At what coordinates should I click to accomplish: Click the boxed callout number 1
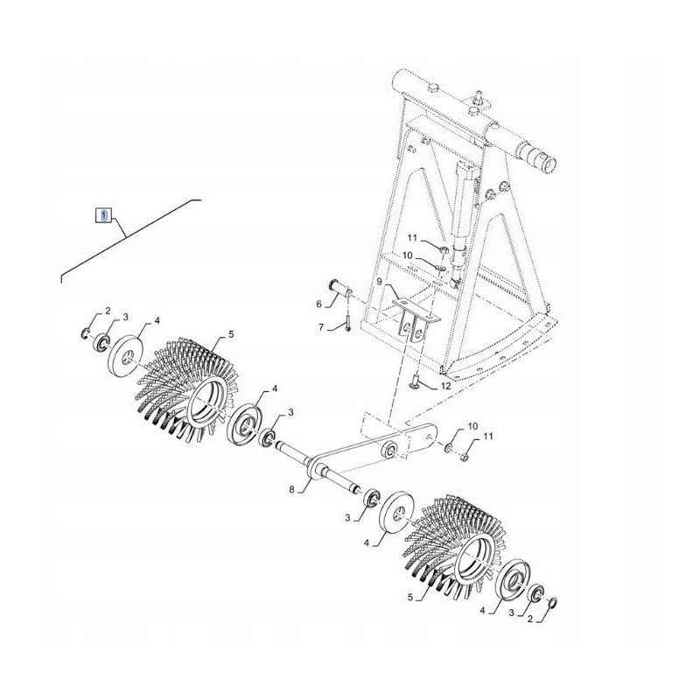[x=103, y=215]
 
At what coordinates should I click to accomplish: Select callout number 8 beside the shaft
[x=292, y=490]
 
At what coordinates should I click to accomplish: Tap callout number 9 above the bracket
[x=379, y=282]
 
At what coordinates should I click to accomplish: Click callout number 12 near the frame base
[x=445, y=386]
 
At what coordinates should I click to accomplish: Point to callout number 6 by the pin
[x=318, y=304]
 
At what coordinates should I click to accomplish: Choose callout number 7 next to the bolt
[x=321, y=327]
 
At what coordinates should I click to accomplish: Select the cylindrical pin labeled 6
[x=341, y=290]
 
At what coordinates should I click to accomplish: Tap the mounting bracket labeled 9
[x=416, y=320]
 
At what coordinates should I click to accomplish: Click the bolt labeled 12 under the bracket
[x=414, y=381]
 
